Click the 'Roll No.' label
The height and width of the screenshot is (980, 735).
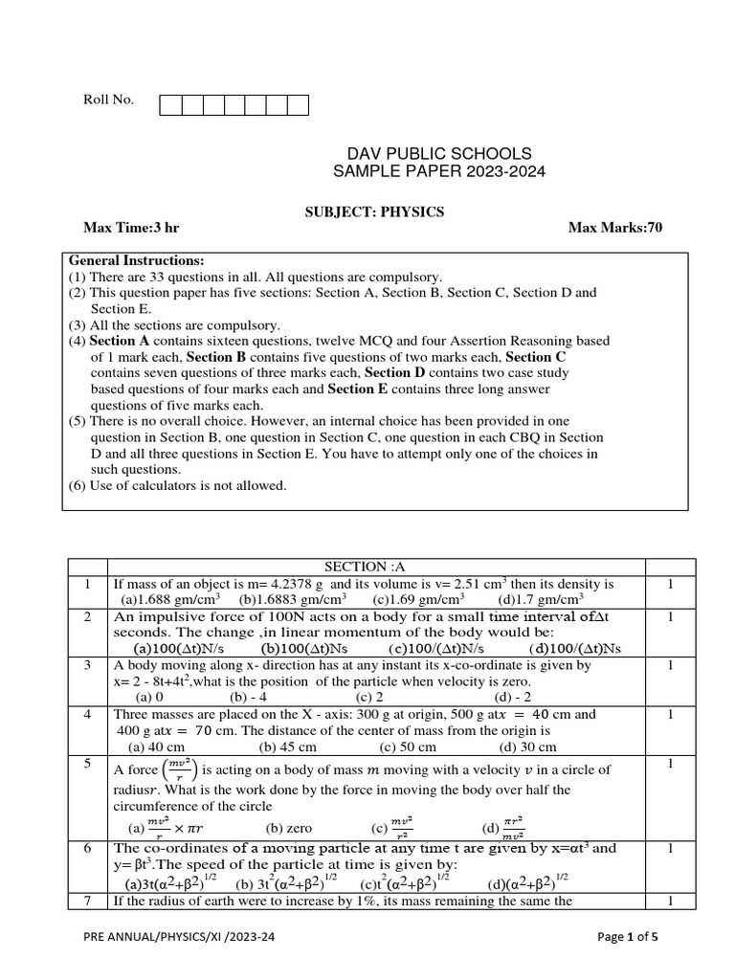click(x=109, y=100)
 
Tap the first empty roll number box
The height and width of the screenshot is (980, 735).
click(x=170, y=105)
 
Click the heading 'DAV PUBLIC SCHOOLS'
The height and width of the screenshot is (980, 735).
click(x=439, y=154)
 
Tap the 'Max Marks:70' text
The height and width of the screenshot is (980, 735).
click(x=614, y=228)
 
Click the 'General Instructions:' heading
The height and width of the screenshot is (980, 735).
click(x=136, y=260)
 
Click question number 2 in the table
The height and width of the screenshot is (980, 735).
click(x=87, y=617)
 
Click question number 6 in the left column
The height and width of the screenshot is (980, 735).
click(x=87, y=848)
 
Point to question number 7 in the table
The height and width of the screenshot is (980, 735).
click(x=87, y=901)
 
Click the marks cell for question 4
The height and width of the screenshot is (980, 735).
click(x=671, y=714)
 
